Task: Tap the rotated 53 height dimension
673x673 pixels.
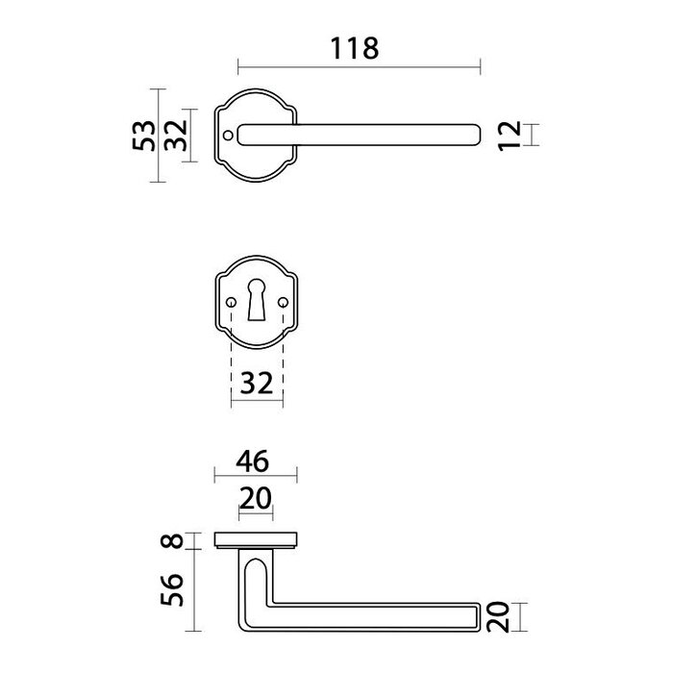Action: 141,136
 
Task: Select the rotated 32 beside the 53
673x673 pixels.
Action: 174,136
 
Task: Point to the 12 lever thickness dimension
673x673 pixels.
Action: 510,136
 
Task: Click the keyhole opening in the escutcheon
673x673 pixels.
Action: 257,302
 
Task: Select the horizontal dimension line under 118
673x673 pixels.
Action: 358,67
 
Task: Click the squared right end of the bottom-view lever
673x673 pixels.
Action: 476,617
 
